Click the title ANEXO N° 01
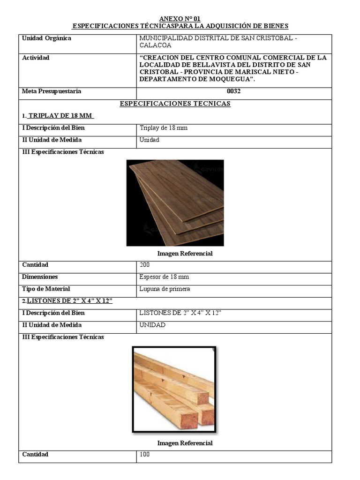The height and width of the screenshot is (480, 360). point(180,19)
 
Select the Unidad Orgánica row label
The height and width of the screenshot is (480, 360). point(46,38)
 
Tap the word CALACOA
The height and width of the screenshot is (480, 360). point(155,46)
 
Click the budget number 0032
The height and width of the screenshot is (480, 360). point(233,91)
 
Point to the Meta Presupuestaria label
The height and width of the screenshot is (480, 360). point(52,91)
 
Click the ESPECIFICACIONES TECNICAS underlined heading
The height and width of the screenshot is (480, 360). point(175,104)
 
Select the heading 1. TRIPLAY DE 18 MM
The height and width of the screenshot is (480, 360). point(59,116)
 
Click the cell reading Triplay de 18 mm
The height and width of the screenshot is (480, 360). point(164,128)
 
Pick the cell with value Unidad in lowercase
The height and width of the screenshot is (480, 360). point(150,140)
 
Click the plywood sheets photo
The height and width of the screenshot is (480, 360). point(175,202)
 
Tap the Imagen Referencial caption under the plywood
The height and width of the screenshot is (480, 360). point(185,254)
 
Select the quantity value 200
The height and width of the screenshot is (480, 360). point(145,265)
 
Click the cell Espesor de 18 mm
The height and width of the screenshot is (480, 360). point(164,277)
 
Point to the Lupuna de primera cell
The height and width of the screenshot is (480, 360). point(165,289)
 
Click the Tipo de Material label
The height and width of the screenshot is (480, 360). point(46,289)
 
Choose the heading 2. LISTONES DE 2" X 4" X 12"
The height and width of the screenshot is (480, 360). point(67,301)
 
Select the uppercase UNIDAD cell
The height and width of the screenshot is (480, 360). point(152,325)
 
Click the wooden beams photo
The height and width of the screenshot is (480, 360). point(174,389)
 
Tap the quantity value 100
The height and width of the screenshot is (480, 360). point(145,455)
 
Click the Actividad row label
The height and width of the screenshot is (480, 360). point(36,58)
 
